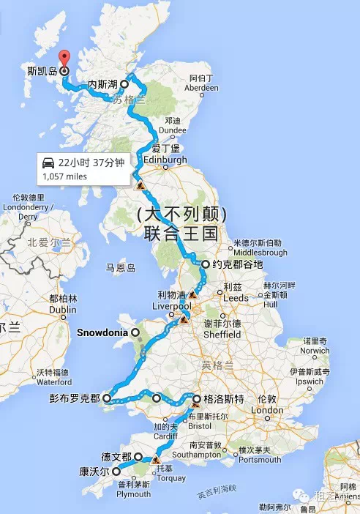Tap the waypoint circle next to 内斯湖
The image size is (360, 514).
click(124, 83)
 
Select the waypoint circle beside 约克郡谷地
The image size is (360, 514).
click(196, 264)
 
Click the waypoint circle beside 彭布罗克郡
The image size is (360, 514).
click(107, 399)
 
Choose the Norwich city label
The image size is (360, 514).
click(316, 351)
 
